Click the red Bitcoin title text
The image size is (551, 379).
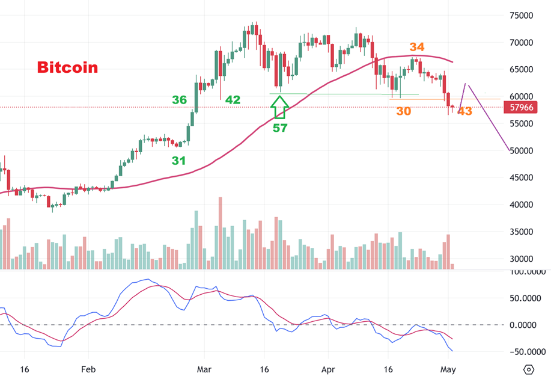coord(67,67)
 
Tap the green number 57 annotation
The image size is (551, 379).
coord(280,128)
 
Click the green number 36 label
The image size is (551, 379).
coord(179,100)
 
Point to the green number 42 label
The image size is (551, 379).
coord(233,100)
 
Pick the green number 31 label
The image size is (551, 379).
coord(178,161)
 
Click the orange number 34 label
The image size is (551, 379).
coord(417,47)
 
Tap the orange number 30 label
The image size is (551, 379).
coord(404,111)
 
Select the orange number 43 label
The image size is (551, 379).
coord(464,111)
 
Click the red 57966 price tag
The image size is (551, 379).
coord(520,108)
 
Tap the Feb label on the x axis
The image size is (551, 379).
coord(88,369)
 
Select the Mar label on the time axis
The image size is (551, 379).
coord(205,369)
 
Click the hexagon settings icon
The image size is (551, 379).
coord(529,369)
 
